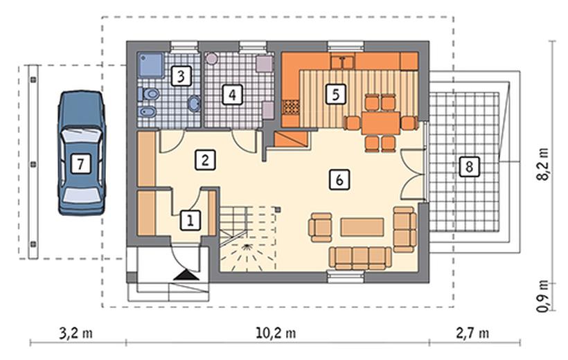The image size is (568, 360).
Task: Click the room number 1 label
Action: (x=190, y=219)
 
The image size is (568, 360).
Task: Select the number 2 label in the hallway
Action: (x=206, y=160)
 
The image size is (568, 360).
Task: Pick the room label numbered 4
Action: (x=232, y=95)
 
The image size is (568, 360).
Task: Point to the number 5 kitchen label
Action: (x=335, y=94)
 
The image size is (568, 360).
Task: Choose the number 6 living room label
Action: (x=339, y=179)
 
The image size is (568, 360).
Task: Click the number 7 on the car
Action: (x=80, y=163)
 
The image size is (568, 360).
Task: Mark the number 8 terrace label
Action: (x=469, y=167)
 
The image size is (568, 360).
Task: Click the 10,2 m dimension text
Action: (x=276, y=333)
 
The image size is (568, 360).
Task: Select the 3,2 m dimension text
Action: (x=76, y=333)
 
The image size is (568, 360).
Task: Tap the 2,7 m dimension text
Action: (x=472, y=333)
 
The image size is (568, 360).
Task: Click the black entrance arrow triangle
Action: (x=186, y=275)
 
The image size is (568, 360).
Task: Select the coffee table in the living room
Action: (x=362, y=226)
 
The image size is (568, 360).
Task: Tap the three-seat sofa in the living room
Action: (x=360, y=258)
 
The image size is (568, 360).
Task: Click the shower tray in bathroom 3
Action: (x=150, y=65)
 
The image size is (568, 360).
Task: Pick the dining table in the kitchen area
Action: (x=381, y=123)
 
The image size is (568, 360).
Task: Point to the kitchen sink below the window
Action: (x=343, y=62)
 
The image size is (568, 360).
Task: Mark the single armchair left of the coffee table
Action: (x=321, y=227)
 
